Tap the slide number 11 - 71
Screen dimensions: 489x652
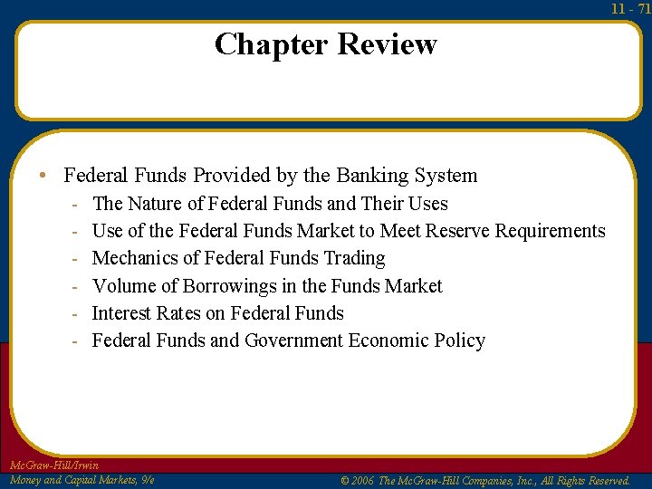(630, 8)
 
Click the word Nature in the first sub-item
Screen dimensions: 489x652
(158, 204)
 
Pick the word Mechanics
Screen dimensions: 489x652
(137, 258)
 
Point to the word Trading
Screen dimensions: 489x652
(354, 258)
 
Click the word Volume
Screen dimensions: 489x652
(124, 286)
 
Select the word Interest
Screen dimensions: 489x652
(125, 313)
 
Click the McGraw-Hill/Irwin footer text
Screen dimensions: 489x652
(53, 465)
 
